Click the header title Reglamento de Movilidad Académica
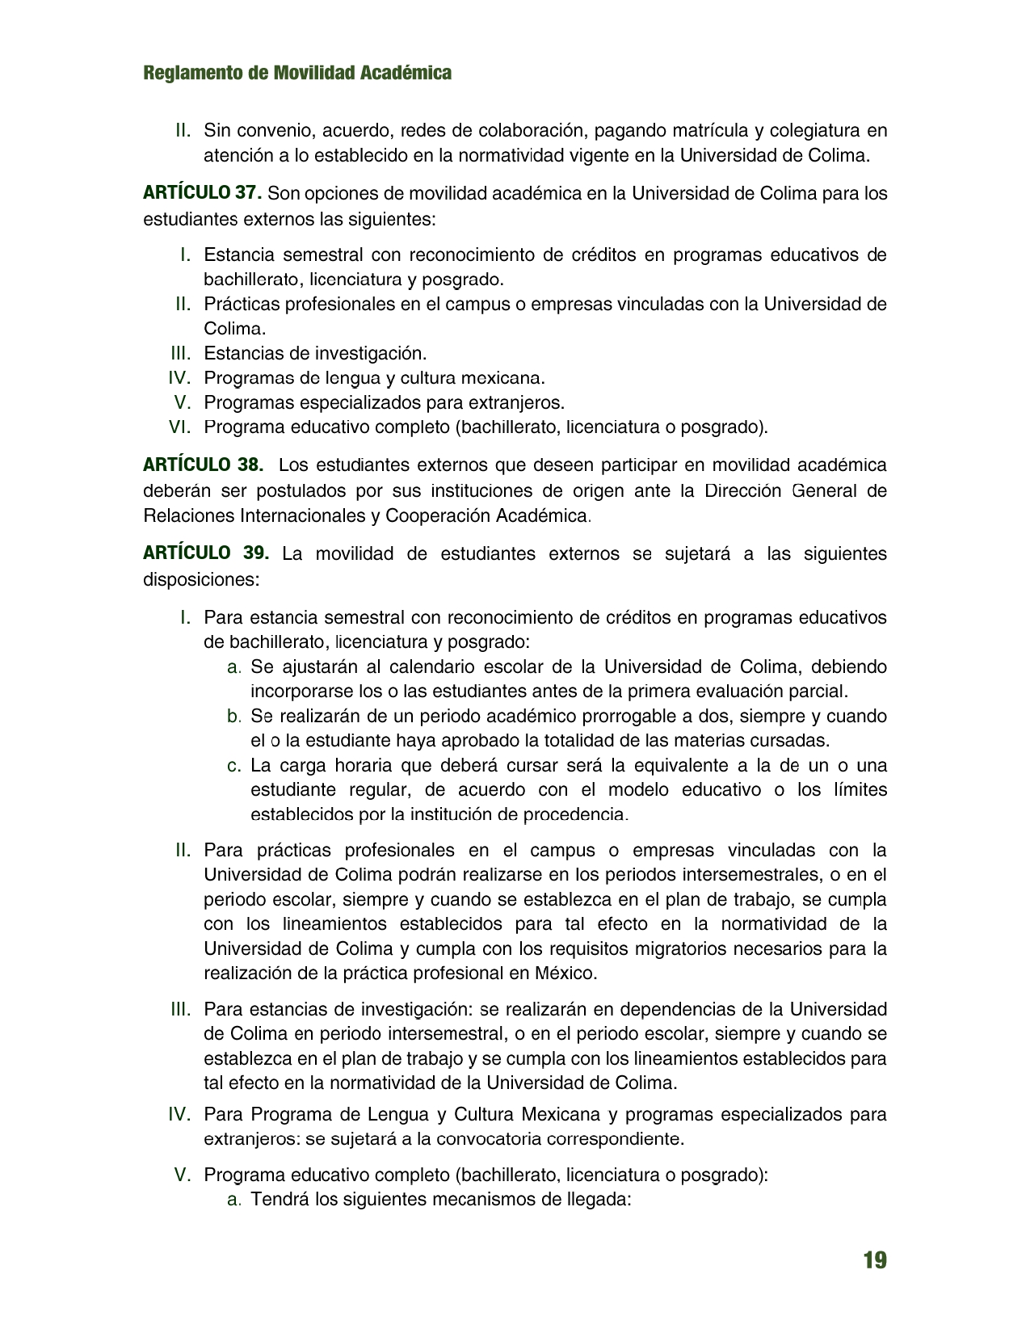pos(297,73)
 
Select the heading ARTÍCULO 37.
pos(202,193)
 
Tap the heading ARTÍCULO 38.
pos(203,465)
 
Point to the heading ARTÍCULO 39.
pos(205,553)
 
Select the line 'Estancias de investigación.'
pos(315,353)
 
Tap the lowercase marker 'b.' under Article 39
pos(234,716)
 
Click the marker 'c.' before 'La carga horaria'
pos(234,765)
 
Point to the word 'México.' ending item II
pos(565,973)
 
